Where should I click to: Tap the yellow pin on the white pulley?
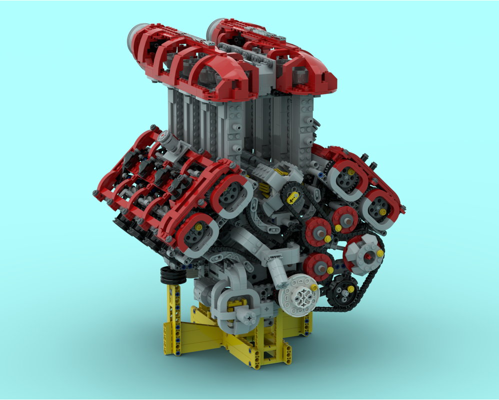313,287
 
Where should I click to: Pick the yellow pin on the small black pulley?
351,288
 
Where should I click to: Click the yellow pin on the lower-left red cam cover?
198,226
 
